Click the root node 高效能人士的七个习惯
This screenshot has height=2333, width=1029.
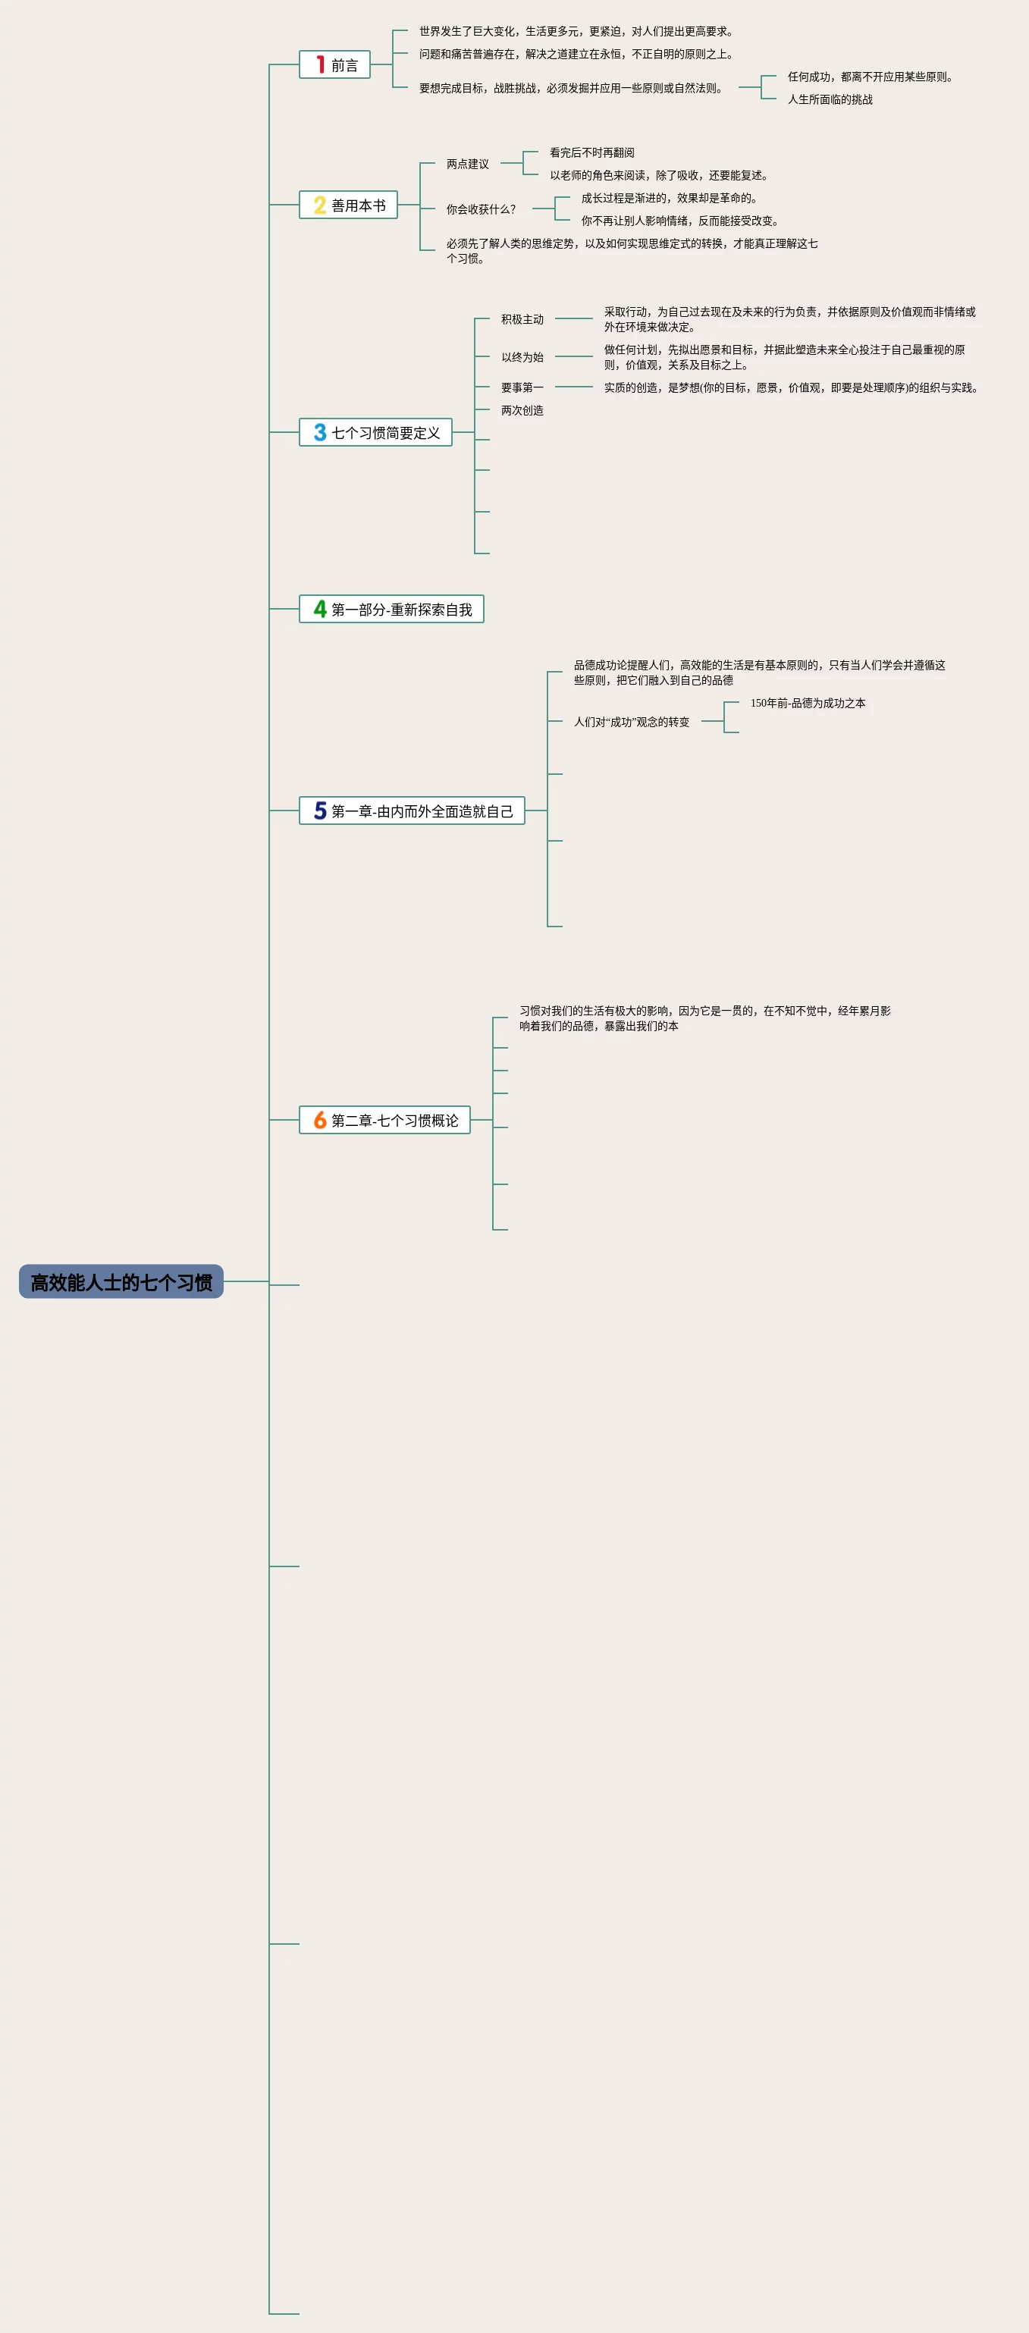click(121, 1281)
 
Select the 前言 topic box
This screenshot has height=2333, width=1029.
click(334, 65)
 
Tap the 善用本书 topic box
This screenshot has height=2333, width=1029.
click(349, 205)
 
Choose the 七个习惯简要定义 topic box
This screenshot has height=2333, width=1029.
click(376, 433)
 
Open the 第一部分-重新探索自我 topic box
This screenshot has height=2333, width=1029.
click(391, 610)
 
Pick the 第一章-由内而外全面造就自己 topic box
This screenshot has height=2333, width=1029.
click(413, 811)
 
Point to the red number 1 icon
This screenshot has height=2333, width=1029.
click(320, 65)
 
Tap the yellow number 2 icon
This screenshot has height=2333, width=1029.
click(320, 205)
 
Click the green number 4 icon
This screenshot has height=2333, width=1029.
click(320, 610)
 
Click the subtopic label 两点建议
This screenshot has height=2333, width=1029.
click(467, 164)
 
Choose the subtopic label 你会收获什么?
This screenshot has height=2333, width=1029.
click(480, 209)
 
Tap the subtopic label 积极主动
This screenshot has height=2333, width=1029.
click(522, 318)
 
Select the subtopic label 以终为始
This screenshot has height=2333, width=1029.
click(522, 357)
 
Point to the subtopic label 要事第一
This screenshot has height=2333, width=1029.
click(522, 387)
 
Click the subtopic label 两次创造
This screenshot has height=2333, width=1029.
click(522, 410)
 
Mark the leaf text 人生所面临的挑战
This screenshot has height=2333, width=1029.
click(830, 99)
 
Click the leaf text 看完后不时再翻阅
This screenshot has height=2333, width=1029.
click(591, 153)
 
